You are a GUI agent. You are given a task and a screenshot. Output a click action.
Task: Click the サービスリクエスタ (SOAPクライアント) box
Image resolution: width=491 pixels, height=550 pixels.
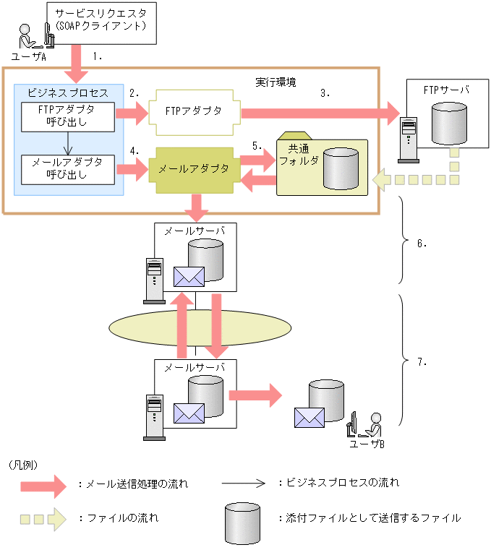pos(101,22)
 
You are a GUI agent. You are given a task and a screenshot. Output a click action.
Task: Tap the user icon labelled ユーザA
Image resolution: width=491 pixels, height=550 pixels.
pos(27,40)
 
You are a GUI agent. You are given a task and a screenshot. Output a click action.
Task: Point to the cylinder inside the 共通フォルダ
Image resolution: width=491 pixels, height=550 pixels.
pos(341,168)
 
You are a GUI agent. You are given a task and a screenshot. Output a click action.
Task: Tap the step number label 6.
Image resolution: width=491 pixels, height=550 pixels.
pos(422,244)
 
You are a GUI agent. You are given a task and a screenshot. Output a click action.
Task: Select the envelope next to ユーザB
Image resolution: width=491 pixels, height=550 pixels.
pos(309,417)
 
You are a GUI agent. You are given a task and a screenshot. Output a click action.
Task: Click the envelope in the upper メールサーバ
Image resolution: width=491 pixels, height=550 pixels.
pos(189,277)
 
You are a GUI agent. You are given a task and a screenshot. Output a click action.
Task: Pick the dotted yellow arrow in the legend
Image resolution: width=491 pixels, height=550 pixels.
pos(43,517)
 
